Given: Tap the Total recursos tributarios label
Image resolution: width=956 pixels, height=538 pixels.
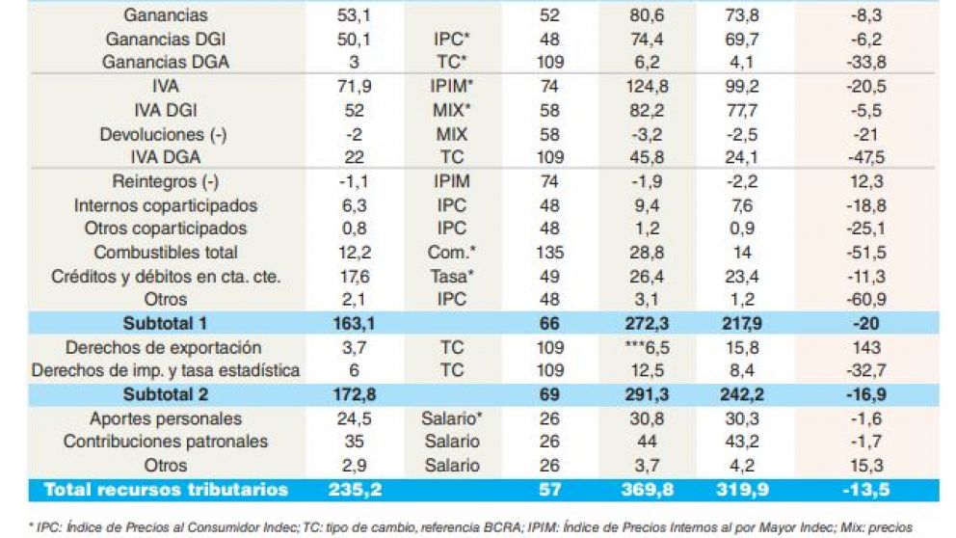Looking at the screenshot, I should pos(166,490).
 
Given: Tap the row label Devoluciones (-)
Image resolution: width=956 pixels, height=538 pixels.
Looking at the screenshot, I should pos(164,135).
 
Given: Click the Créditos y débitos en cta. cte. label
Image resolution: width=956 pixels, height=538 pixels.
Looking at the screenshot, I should pos(166,277).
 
